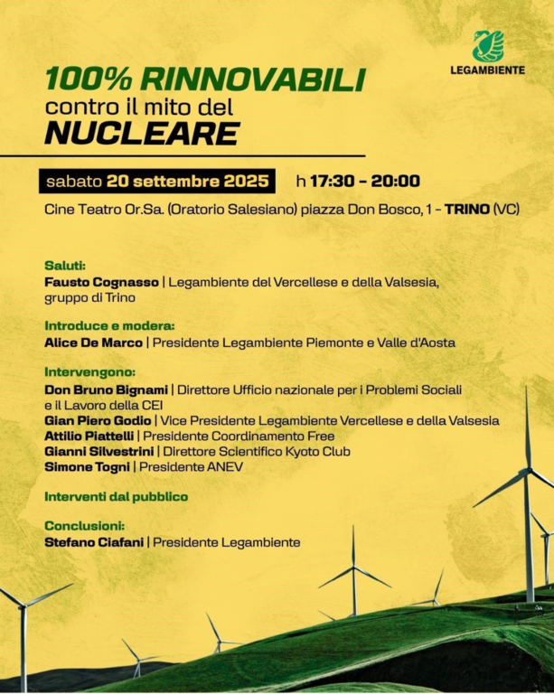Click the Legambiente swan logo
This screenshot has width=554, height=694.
click(x=488, y=45)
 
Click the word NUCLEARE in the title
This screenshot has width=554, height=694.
click(x=142, y=134)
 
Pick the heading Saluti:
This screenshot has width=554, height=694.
click(x=65, y=266)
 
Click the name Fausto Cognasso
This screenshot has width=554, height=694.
click(x=101, y=283)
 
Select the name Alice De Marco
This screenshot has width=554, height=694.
click(x=94, y=342)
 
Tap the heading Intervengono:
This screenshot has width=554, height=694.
click(x=89, y=372)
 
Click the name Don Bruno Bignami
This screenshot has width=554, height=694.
click(x=106, y=389)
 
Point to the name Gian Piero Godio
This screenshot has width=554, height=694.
click(x=99, y=420)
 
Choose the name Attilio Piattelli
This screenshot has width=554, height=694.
click(x=89, y=436)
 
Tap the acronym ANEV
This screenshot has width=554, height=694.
click(x=224, y=466)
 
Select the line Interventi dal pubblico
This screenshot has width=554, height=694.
click(x=116, y=496)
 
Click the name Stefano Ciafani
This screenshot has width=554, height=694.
click(x=96, y=542)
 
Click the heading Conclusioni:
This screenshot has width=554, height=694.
click(x=84, y=525)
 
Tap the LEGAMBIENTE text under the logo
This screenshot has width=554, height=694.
click(x=487, y=70)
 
